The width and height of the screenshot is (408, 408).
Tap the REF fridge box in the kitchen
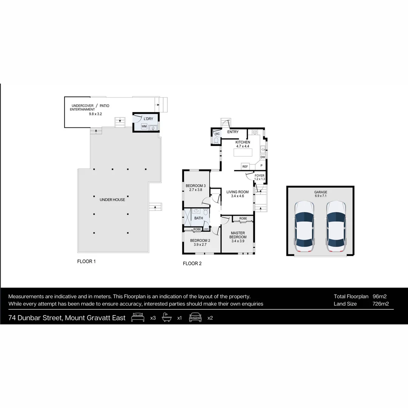pyautogui.click(x=245, y=166)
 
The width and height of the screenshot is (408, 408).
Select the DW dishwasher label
pyautogui.click(x=263, y=157)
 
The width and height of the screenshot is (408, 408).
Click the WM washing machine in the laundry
pyautogui.click(x=144, y=127)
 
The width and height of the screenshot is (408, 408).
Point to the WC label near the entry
pyautogui.click(x=217, y=134)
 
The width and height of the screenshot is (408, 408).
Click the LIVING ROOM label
pyautogui.click(x=237, y=192)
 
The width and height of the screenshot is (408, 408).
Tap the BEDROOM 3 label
pyautogui.click(x=196, y=185)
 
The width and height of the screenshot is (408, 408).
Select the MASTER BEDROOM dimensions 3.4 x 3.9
pyautogui.click(x=237, y=241)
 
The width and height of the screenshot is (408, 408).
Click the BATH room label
pyautogui.click(x=198, y=218)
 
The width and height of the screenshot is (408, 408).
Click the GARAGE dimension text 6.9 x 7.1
pyautogui.click(x=320, y=196)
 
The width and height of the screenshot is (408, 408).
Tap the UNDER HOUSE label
pyautogui.click(x=112, y=199)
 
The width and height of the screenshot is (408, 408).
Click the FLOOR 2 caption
pyautogui.click(x=192, y=264)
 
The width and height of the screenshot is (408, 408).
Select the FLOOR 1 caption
pyautogui.click(x=86, y=261)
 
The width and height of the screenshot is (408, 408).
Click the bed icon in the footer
pyautogui.click(x=138, y=318)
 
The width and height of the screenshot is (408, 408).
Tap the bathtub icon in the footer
pyautogui.click(x=167, y=318)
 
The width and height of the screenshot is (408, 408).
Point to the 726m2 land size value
pyautogui.click(x=380, y=304)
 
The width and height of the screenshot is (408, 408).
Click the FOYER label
pyautogui.click(x=260, y=176)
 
